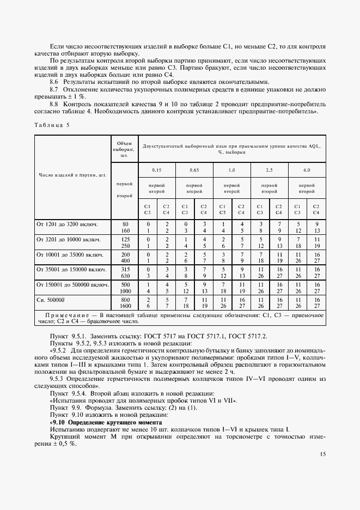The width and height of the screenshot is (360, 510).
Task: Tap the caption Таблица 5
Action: [x=52, y=124]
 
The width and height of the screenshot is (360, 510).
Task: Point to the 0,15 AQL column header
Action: [x=157, y=170]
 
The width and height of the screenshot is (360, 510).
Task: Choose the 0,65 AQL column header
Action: [x=194, y=170]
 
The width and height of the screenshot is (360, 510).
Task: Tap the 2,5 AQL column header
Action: [x=269, y=170]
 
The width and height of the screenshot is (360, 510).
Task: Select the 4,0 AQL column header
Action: [x=307, y=170]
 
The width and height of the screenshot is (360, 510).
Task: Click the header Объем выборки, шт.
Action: [x=125, y=149]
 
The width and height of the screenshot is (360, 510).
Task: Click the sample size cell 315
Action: [x=125, y=269]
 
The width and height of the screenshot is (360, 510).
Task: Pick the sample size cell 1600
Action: [x=125, y=307]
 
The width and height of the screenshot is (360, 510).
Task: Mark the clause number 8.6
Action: [x=54, y=82]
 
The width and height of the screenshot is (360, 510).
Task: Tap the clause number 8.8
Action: [x=54, y=104]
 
